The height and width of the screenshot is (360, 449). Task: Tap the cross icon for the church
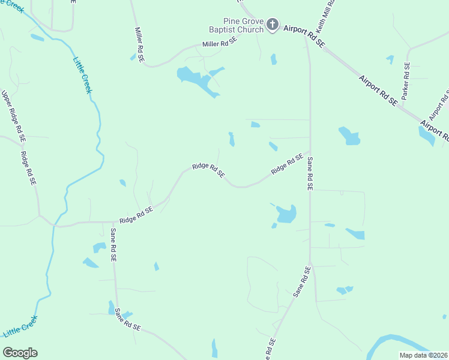click(273, 25)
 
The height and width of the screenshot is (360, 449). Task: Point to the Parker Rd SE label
click(406, 80)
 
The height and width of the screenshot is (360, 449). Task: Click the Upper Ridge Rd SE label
click(13, 115)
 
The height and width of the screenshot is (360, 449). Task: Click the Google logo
click(20, 353)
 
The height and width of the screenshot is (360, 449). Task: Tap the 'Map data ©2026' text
click(423, 355)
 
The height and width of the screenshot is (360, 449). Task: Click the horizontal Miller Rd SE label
click(220, 43)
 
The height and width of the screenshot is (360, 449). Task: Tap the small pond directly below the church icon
click(274, 59)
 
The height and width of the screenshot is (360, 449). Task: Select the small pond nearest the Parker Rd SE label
click(390, 59)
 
